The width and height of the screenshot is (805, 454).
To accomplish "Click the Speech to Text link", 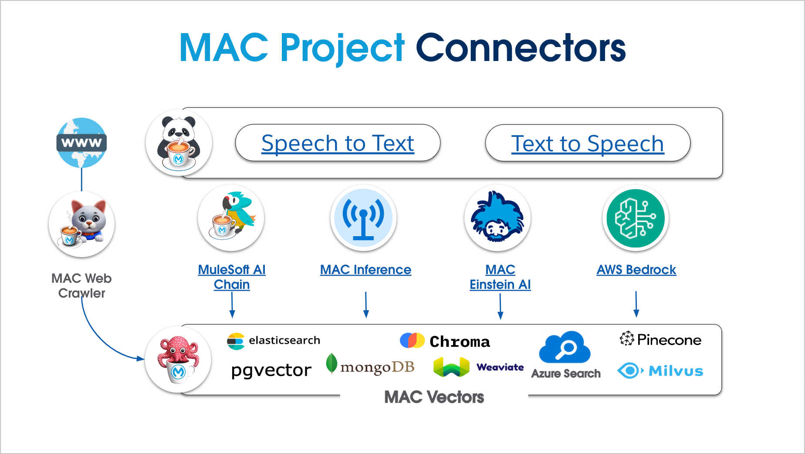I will point(338,143).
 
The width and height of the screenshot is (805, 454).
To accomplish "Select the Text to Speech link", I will point(587,144).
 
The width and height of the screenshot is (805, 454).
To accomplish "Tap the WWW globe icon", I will point(81,142).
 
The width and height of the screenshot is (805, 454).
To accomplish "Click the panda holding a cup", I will point(179,143).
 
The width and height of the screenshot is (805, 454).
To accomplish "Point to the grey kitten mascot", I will point(82,224).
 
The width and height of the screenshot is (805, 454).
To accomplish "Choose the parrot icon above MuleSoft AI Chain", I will point(231,217).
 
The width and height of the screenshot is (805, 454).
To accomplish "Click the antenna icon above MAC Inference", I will point(363,217).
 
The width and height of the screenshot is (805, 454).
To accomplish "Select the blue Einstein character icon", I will point(497,217).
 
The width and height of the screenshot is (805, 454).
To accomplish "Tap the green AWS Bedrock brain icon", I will point(636,218).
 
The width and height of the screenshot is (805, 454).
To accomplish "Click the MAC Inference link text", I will point(365,270).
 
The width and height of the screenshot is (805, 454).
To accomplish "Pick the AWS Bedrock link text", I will point(636,270).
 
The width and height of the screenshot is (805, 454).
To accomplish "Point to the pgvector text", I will point(271,370).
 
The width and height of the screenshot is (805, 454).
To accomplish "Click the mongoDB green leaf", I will point(331,363).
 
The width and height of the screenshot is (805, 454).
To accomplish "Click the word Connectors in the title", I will point(521,48).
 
